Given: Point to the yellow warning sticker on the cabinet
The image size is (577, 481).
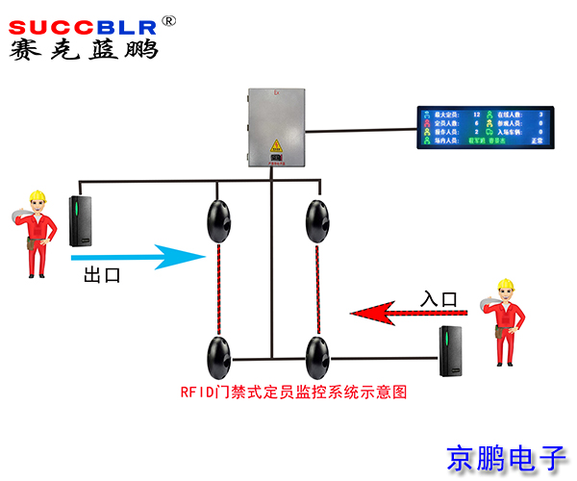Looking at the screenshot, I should point(277,148).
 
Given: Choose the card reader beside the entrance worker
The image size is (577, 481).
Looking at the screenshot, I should point(449,351).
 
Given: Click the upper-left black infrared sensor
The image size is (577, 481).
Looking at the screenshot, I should point(217,221).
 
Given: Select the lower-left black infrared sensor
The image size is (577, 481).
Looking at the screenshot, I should point(217,359).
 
